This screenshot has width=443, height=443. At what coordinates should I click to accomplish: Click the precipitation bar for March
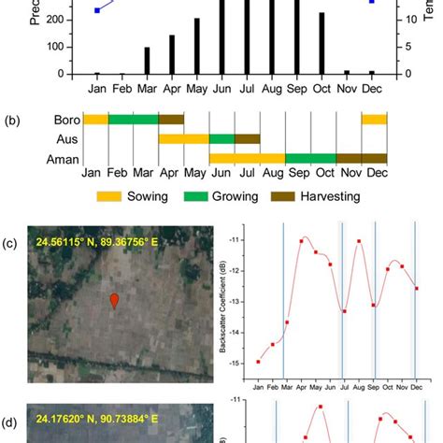pyautogui.click(x=147, y=61)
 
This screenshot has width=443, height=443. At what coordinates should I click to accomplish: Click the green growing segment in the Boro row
pyautogui.click(x=134, y=120)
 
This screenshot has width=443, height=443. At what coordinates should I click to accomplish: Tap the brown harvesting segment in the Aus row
pyautogui.click(x=247, y=138)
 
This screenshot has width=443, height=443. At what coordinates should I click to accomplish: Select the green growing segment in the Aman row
pyautogui.click(x=310, y=158)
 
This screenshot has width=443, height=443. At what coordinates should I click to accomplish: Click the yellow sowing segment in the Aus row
pyautogui.click(x=183, y=138)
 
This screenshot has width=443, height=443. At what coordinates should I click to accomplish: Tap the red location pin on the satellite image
pyautogui.click(x=114, y=300)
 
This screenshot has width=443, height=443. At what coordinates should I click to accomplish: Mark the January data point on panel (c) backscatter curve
pyautogui.click(x=259, y=362)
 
